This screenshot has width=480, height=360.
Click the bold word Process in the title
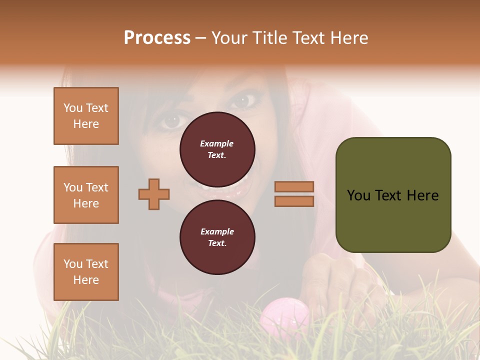(x=157, y=38)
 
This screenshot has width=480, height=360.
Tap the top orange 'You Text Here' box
(x=86, y=116)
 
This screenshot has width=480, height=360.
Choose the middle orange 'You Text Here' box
(x=86, y=195)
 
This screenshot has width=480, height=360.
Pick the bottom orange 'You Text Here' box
(x=86, y=272)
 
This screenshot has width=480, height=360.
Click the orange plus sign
(x=154, y=193)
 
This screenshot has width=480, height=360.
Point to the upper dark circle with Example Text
(x=217, y=149)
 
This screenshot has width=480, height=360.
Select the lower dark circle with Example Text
(x=217, y=237)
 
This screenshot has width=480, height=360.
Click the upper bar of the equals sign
(x=294, y=186)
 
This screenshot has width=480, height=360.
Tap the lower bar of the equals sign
(x=294, y=201)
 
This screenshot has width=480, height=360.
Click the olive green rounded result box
(x=393, y=194)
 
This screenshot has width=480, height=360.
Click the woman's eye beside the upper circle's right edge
(x=243, y=101)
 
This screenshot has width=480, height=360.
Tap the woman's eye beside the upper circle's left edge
(x=171, y=120)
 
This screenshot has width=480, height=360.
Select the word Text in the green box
(x=393, y=195)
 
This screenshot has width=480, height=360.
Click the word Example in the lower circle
(x=217, y=231)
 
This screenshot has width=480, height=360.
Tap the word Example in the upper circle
(x=217, y=143)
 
